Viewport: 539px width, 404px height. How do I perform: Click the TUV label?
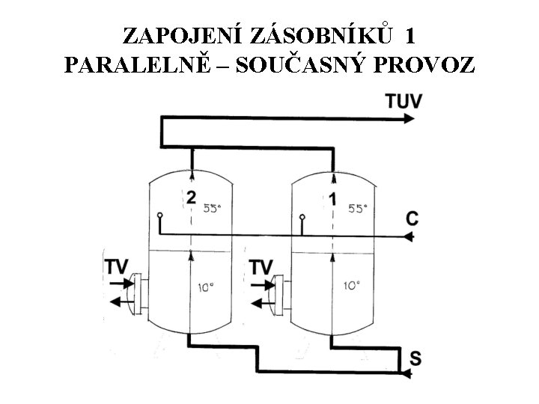404,100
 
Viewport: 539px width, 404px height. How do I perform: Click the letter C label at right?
412,218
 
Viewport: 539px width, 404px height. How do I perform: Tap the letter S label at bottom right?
414,358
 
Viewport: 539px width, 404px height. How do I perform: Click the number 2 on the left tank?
192,198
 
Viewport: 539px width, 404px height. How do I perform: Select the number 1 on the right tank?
332,198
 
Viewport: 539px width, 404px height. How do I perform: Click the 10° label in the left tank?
207,286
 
